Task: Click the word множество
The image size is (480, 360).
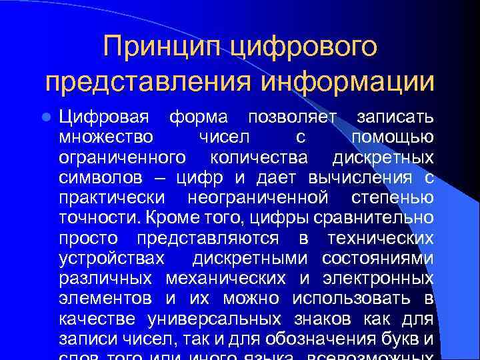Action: (x=105, y=137)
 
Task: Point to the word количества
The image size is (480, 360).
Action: (x=259, y=158)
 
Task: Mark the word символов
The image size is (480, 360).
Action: (x=100, y=178)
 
